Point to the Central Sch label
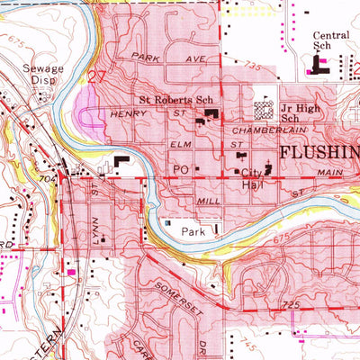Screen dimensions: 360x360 [330, 42]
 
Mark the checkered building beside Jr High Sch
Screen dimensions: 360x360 [264, 110]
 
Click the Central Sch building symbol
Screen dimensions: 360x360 [318, 64]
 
